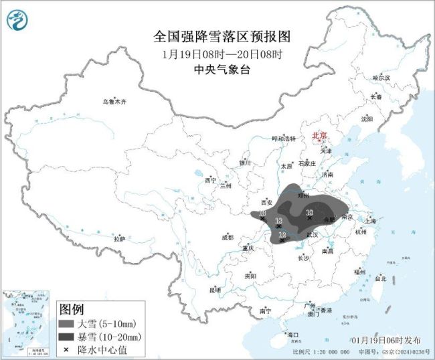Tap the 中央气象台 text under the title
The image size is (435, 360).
coord(217,69)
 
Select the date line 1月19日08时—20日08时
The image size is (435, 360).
coord(217,54)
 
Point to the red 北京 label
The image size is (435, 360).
coord(320,136)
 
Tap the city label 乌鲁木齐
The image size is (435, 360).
coord(114,102)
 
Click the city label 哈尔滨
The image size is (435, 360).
coord(381,78)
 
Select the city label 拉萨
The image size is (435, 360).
coord(119,239)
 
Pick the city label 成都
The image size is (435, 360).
coord(228,237)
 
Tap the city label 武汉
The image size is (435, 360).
coord(312,235)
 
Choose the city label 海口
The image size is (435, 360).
coord(292,334)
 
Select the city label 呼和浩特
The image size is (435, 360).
coord(283,138)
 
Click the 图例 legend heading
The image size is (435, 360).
coord(72,309)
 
